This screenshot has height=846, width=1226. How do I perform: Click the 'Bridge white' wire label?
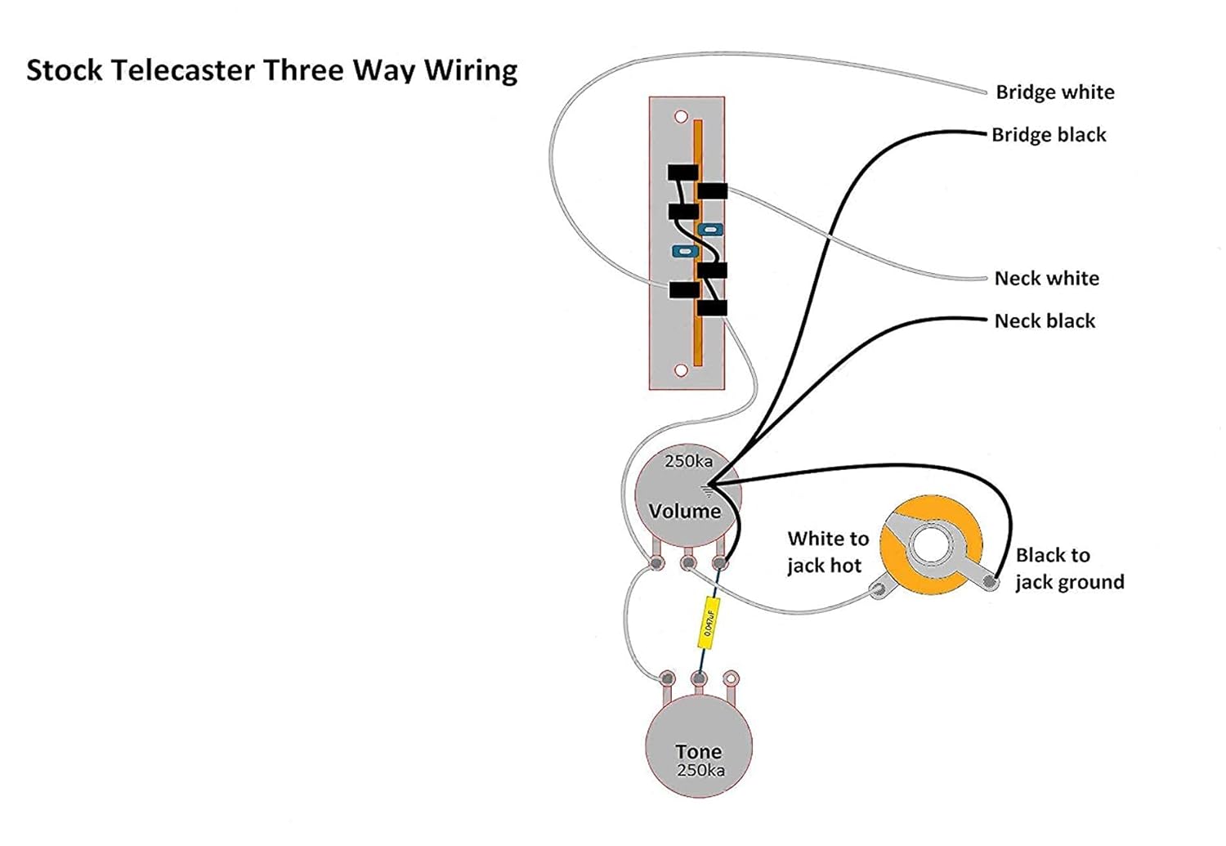pyautogui.click(x=1054, y=92)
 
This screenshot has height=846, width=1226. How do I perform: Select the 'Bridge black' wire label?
pyautogui.click(x=1049, y=135)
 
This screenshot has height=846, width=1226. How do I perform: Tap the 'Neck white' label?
pyautogui.click(x=1046, y=279)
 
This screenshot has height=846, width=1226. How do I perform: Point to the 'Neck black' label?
pyautogui.click(x=1045, y=321)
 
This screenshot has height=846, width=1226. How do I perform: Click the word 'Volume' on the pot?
pyautogui.click(x=684, y=512)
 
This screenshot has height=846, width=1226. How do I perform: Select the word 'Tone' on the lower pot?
pyautogui.click(x=698, y=751)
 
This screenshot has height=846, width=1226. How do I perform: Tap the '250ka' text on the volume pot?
pyautogui.click(x=688, y=462)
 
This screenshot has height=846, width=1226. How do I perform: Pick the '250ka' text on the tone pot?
pyautogui.click(x=700, y=771)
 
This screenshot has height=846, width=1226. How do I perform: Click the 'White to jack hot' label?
pyautogui.click(x=826, y=552)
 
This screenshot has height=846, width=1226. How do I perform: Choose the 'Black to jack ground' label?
pyautogui.click(x=1069, y=569)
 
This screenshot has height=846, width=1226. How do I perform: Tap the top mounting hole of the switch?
pyautogui.click(x=681, y=117)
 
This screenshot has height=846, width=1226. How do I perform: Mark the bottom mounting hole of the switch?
pyautogui.click(x=681, y=370)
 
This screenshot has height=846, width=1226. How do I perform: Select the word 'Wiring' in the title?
pyautogui.click(x=470, y=71)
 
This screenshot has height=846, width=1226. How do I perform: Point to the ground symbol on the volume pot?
pyautogui.click(x=707, y=491)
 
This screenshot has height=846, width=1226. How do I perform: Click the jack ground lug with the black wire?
pyautogui.click(x=990, y=582)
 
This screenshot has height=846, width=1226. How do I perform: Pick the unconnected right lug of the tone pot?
pyautogui.click(x=732, y=678)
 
